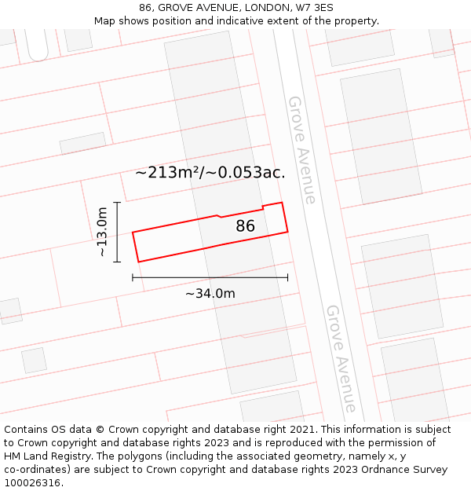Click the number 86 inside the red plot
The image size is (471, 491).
[x=246, y=226]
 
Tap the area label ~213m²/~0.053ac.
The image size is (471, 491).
[x=210, y=173]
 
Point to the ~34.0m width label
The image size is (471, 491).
[x=210, y=294]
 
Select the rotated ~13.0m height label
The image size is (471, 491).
[x=102, y=232]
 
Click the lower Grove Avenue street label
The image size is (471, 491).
[x=342, y=358]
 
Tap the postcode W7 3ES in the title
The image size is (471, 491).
[x=315, y=8]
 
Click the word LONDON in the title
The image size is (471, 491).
[x=261, y=8]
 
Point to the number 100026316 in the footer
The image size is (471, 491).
[x=34, y=483]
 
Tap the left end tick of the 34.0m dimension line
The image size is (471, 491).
[x=133, y=277]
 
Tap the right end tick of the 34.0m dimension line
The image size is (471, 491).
[x=288, y=277]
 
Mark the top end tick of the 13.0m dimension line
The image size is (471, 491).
[x=117, y=203]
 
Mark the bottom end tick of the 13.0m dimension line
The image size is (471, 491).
[x=117, y=262]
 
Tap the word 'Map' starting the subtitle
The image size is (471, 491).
[x=105, y=20]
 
